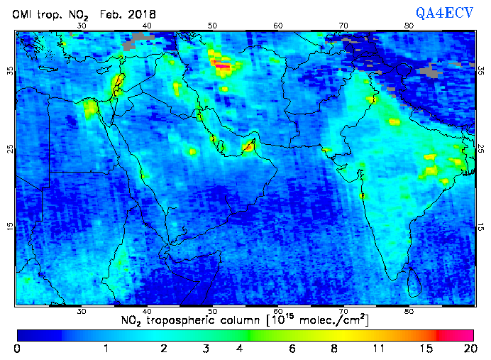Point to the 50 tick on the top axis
click(213, 26)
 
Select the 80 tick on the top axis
click(409, 26)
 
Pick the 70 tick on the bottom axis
click(343, 311)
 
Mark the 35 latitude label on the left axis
click(10, 71)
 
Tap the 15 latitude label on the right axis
click(480, 227)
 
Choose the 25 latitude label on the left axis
click(10, 149)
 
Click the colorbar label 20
click(468, 348)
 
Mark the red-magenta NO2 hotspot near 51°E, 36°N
click(223, 68)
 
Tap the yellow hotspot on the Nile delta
click(91, 108)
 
